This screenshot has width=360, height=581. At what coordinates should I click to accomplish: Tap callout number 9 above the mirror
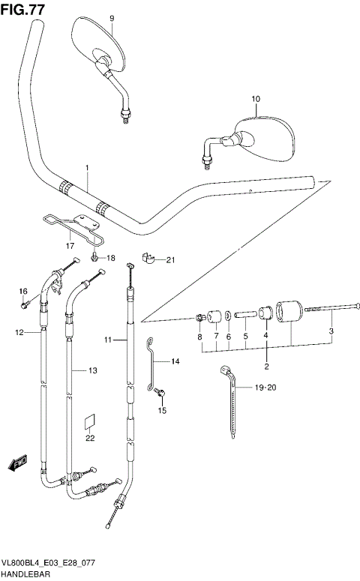(112, 18)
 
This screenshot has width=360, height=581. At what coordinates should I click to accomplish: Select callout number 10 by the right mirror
(255, 99)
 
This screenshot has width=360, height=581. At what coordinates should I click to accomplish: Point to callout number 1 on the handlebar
(86, 167)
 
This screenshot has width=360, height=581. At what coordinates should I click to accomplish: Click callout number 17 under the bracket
(70, 245)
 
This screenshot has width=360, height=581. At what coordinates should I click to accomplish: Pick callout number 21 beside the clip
(169, 260)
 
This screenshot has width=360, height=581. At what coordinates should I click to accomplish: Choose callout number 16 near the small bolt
(22, 291)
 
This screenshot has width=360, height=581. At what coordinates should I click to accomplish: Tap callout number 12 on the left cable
(19, 331)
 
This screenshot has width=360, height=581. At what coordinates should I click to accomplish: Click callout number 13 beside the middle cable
(93, 370)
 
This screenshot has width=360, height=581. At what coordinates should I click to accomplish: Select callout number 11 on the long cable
(108, 340)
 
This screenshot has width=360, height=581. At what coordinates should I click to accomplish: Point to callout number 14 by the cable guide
(175, 362)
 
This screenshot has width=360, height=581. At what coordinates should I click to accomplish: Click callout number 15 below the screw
(161, 411)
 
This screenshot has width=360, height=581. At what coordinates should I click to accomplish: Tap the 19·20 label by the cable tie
(265, 388)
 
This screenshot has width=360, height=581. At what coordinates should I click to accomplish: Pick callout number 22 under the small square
(90, 438)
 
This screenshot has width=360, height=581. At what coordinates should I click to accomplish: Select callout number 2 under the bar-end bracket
(265, 366)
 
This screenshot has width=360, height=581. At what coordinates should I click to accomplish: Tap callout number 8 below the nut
(200, 337)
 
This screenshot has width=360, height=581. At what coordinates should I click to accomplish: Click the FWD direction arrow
(17, 466)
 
